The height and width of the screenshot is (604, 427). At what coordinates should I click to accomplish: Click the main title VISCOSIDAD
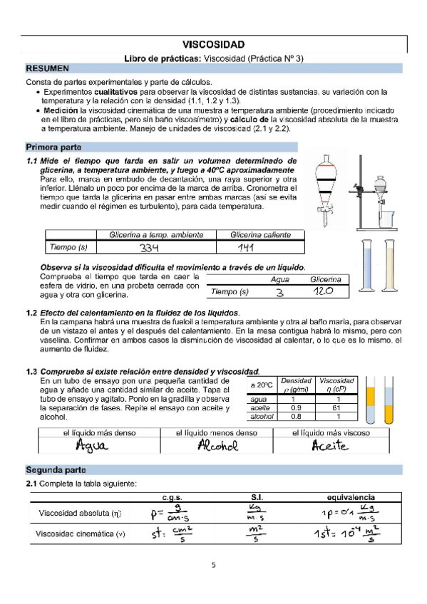point(214,44)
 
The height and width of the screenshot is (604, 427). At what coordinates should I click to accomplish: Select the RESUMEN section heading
point(47,69)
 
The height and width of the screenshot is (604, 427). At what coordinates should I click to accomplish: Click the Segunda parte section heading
point(56,471)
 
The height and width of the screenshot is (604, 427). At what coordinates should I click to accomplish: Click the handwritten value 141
point(247,248)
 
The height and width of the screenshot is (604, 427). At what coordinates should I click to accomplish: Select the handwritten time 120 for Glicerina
point(326,291)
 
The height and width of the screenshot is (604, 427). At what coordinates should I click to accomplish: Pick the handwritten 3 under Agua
point(280,292)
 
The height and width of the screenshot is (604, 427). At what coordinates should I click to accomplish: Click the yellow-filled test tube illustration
point(370,404)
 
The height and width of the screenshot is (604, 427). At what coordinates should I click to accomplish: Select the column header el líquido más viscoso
point(331,432)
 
